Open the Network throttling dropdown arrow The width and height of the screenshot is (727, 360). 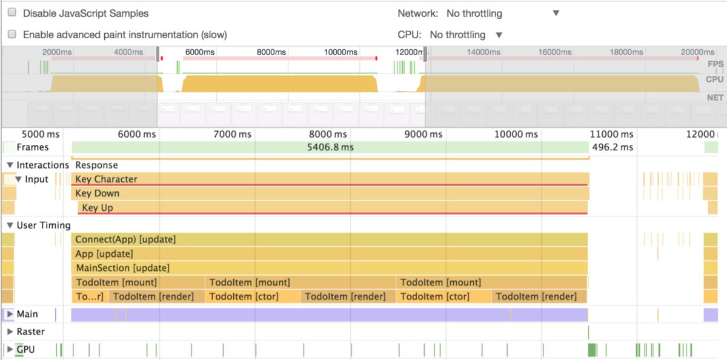(556, 13)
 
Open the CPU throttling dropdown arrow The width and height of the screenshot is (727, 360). (499, 35)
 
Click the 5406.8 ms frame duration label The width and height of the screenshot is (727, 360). (330, 147)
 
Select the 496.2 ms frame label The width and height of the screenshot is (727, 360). (612, 147)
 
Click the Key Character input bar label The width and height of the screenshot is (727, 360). (106, 179)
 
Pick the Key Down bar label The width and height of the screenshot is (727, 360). (97, 193)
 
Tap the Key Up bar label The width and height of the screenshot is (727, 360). (98, 208)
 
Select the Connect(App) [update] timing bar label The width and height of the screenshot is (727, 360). (125, 239)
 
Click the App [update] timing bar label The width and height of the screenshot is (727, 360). (104, 254)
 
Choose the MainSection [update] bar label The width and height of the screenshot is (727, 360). (122, 268)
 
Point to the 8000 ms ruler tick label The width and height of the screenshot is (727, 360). (328, 134)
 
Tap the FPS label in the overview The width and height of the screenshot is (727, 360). (715, 64)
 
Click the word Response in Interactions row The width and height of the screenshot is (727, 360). (96, 165)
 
